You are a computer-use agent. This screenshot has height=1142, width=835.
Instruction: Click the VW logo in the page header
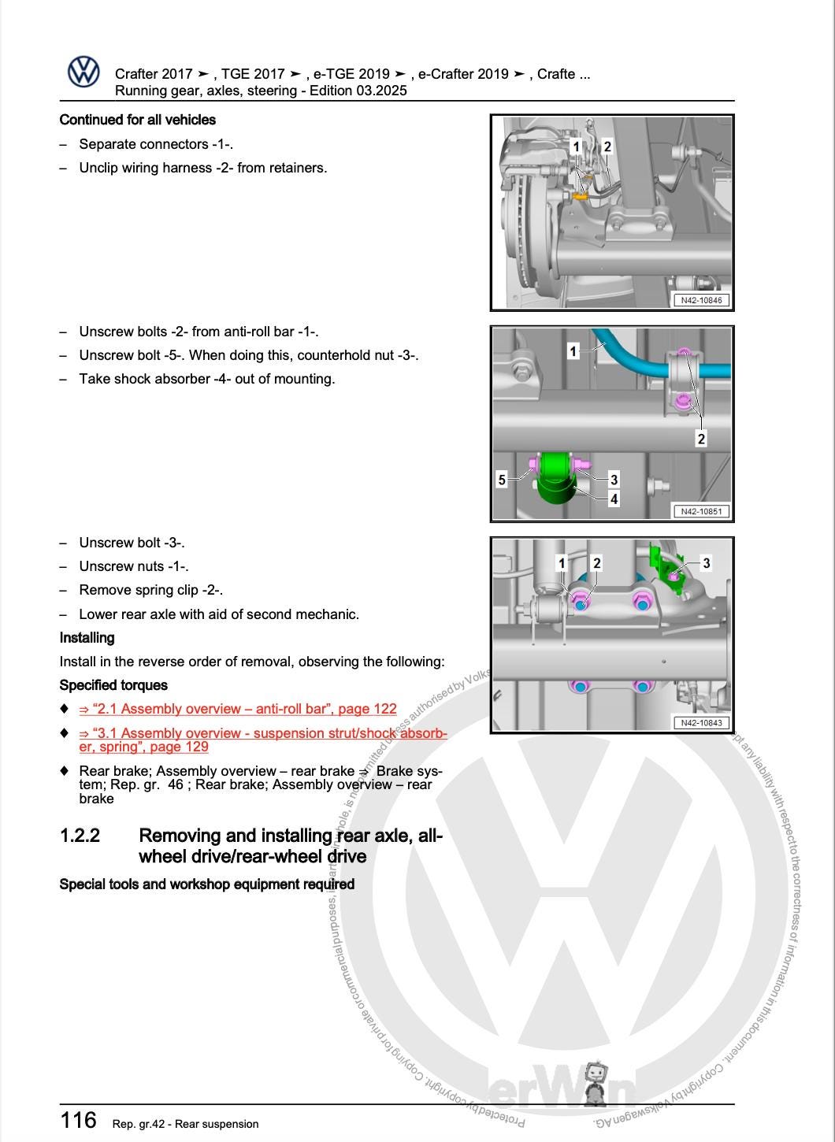coord(83,72)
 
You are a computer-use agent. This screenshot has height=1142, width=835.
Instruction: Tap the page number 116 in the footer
coord(79,1119)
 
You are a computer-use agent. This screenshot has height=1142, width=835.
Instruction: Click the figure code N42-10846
coord(700,300)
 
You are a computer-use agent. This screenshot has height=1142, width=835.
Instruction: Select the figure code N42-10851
coord(700,511)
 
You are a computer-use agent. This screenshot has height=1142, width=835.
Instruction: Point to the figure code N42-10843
coord(700,722)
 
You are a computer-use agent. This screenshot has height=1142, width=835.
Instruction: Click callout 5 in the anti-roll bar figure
coord(502,479)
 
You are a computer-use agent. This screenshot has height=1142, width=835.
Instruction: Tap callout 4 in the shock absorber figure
coord(614,498)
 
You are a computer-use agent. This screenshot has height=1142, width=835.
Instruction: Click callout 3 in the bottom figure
coord(706,563)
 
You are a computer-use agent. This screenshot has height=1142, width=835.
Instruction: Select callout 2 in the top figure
coord(607,146)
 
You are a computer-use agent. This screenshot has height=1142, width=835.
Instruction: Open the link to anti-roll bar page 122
coord(238,709)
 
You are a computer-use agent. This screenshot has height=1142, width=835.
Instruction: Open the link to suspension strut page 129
coord(262,740)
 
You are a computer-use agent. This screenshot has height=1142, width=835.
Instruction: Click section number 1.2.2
coord(80,836)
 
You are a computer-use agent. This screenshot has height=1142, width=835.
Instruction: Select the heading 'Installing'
coord(87,638)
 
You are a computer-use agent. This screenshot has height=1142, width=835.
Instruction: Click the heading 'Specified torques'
coord(113,685)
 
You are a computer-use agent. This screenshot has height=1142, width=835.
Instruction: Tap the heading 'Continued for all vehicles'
coord(138,120)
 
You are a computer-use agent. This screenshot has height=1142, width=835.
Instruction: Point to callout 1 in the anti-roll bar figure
coord(573,350)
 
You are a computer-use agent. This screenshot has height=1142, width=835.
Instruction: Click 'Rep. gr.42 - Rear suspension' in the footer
coord(185,1124)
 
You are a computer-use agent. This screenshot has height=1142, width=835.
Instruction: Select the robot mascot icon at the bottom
coord(597,1085)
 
